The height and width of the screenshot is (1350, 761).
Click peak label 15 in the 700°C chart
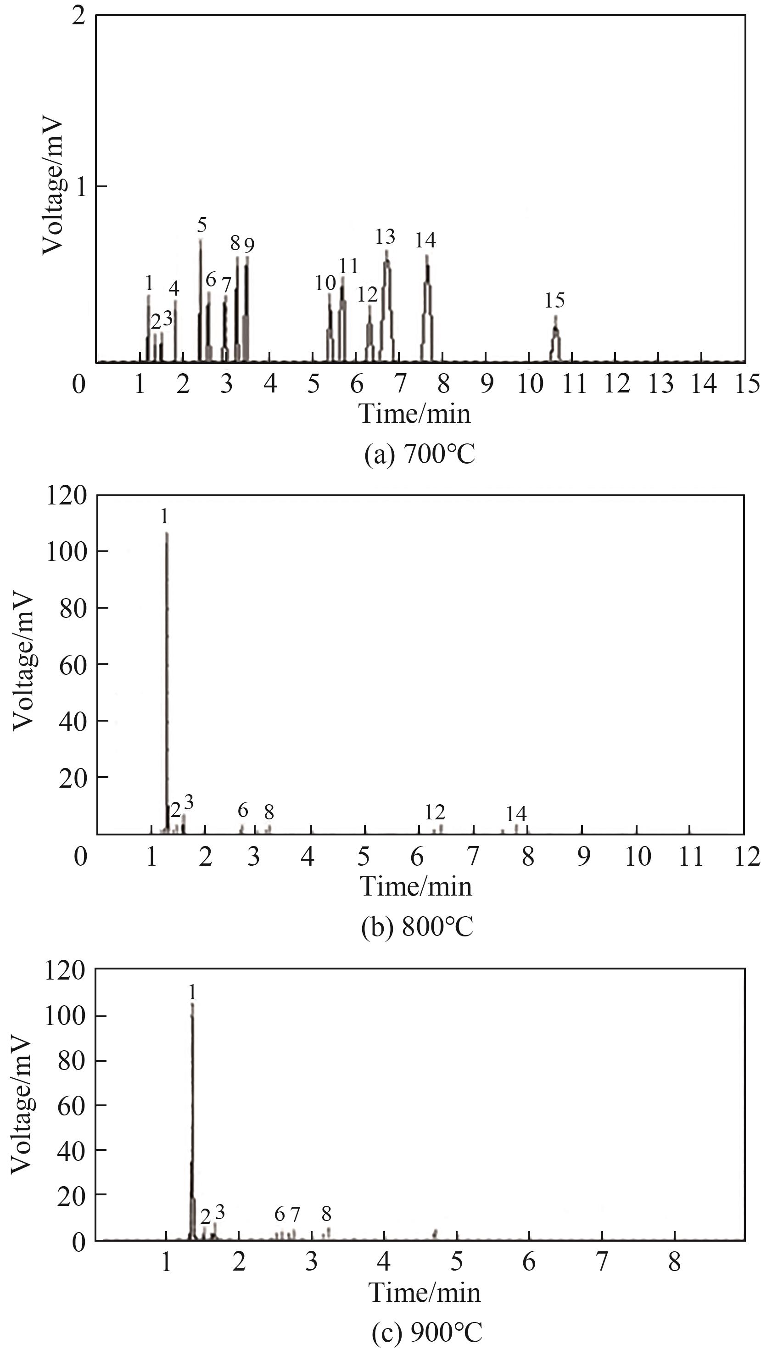(554, 301)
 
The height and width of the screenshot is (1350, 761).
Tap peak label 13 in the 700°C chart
(385, 237)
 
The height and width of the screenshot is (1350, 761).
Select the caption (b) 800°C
(417, 927)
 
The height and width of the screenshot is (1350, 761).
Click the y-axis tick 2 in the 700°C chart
(78, 17)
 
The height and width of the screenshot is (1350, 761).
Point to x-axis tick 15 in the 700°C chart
(747, 385)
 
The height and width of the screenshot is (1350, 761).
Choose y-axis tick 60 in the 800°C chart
(73, 665)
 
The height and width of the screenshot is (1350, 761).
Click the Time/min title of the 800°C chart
(416, 887)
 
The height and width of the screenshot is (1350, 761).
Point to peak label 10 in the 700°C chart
(325, 284)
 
